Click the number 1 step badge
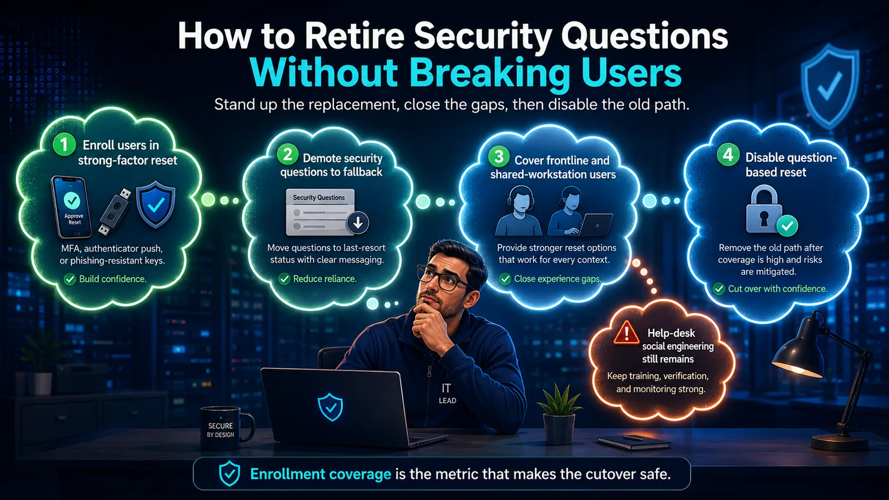coord(64,144)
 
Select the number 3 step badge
coord(498,156)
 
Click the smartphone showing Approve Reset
coord(72,207)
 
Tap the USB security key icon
coord(114,212)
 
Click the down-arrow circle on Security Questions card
coord(358,223)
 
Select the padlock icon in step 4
coord(764,211)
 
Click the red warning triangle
coord(626,332)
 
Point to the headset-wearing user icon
coord(518,212)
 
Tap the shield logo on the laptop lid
coord(331,407)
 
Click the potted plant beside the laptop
coord(559,413)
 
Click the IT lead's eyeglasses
coord(442,278)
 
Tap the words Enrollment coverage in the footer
coord(321,474)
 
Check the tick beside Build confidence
coord(70,279)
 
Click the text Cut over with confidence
coord(778,289)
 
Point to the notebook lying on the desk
coord(634,442)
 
